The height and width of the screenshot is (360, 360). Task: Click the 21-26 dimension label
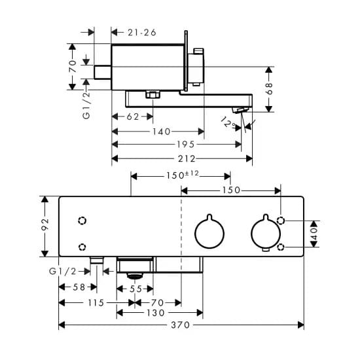(142, 33)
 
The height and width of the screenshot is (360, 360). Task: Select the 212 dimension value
(187, 158)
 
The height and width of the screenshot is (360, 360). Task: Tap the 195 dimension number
(186, 145)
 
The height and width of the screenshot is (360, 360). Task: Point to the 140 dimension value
(162, 132)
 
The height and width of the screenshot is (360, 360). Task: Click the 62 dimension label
(133, 117)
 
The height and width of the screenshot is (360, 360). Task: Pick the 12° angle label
(228, 122)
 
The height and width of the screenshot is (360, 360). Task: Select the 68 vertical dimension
(269, 88)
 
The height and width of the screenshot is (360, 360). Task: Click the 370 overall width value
(181, 325)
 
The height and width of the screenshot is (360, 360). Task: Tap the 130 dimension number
(155, 313)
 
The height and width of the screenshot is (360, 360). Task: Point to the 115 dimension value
(96, 303)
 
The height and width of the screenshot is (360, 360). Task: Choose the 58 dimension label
(79, 287)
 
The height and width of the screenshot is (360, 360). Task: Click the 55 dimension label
(135, 289)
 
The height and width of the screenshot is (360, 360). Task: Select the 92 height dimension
(45, 225)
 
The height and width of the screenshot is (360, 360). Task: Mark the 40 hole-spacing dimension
(315, 234)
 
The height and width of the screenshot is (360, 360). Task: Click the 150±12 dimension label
(183, 175)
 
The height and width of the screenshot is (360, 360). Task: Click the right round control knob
(266, 233)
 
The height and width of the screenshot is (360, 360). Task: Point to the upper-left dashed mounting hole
(82, 221)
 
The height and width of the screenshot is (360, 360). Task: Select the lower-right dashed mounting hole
(281, 247)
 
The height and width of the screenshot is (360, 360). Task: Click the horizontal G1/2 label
(63, 272)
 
